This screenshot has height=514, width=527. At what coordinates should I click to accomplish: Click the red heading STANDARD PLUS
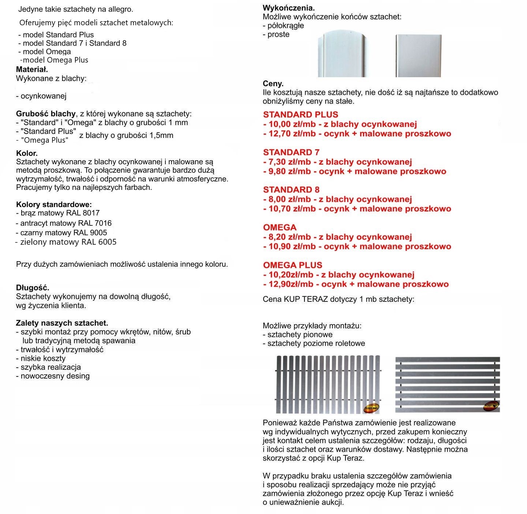(300, 115)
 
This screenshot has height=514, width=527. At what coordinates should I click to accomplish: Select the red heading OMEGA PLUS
(292, 265)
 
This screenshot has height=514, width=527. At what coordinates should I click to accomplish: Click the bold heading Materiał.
(32, 70)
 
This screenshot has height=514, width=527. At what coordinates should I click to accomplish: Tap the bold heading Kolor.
(27, 153)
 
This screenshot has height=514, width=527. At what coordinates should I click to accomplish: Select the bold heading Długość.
(33, 288)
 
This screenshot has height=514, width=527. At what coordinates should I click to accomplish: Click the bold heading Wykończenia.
(289, 8)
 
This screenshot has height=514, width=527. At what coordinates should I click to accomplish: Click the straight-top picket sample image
(418, 56)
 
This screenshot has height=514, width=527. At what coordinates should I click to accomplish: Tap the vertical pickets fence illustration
(328, 384)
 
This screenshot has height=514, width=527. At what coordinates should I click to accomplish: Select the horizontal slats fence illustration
(447, 384)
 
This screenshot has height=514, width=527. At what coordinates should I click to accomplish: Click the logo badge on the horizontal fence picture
(491, 405)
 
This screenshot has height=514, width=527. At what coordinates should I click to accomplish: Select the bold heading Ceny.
(273, 84)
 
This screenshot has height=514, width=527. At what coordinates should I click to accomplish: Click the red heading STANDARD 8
(291, 190)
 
